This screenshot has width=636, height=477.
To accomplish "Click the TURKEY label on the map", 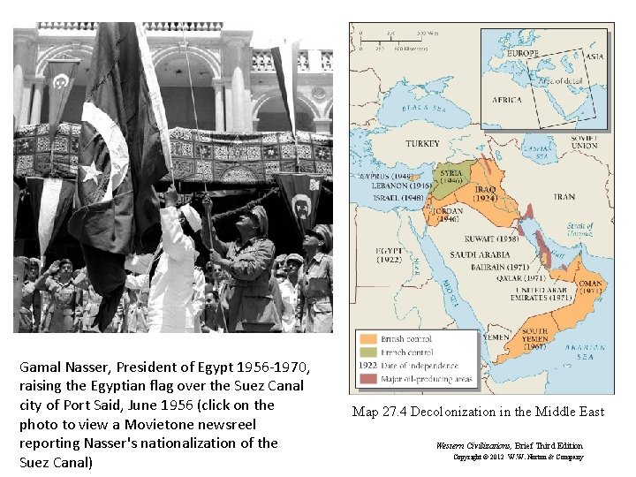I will click(422, 143).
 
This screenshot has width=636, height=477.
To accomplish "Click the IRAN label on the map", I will click(564, 197).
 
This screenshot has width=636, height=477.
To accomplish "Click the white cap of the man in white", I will click(191, 215).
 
